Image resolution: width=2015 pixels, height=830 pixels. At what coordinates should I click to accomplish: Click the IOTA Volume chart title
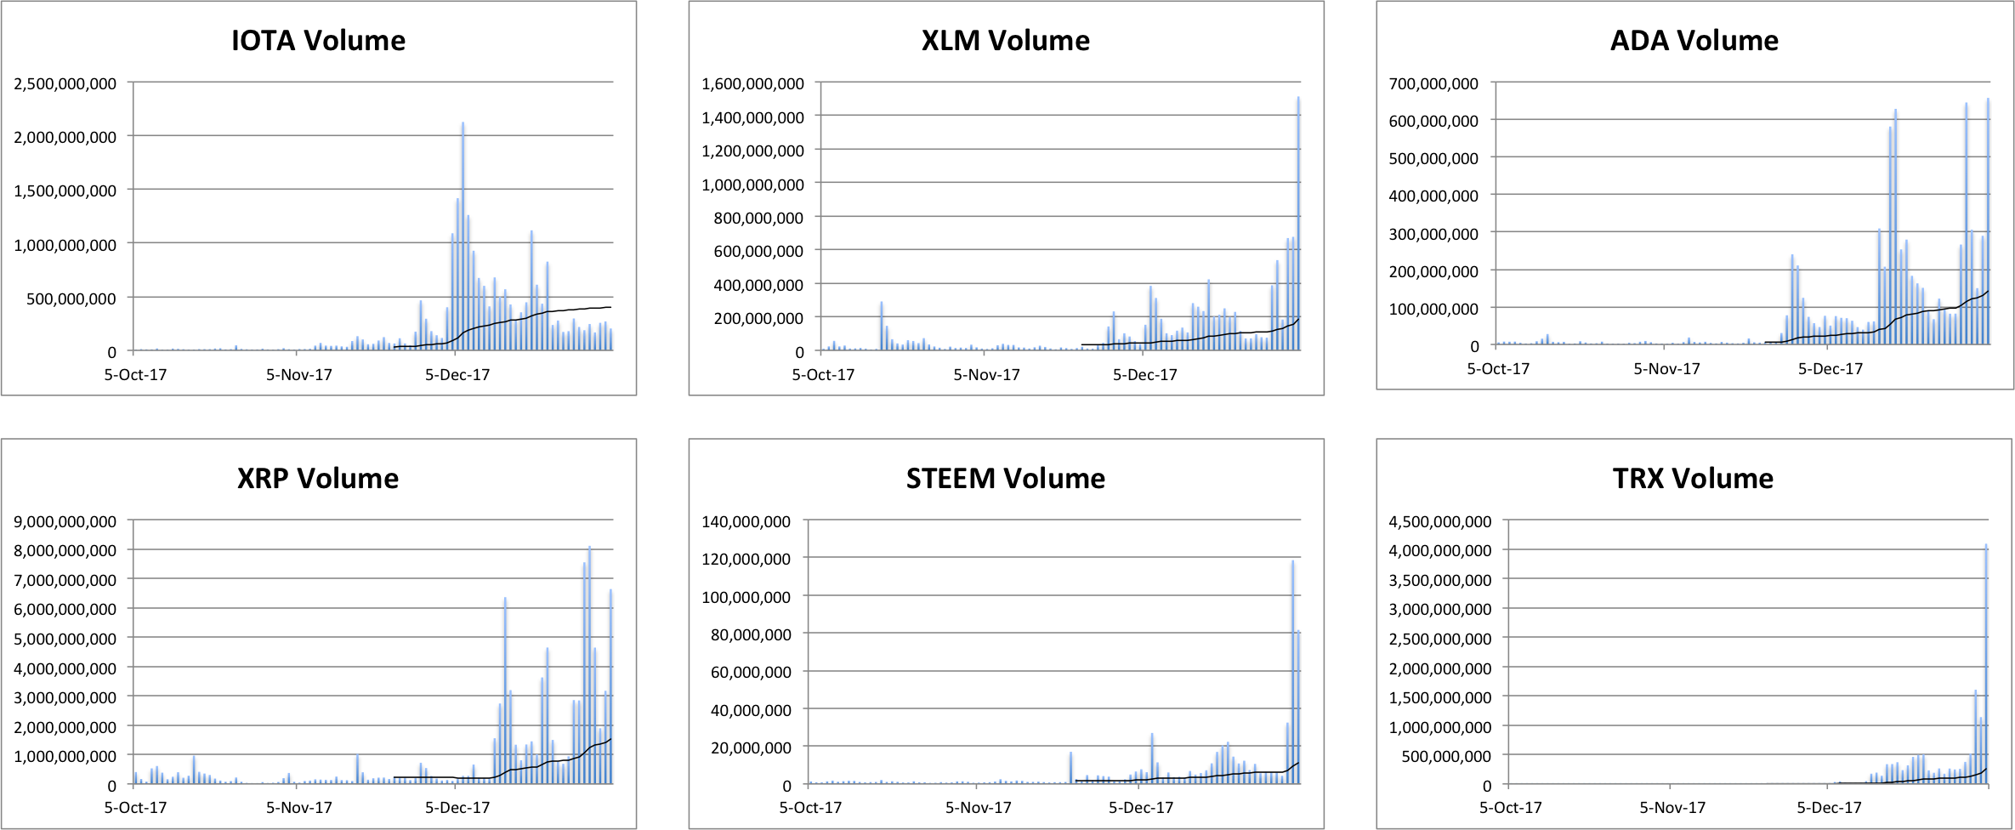[318, 41]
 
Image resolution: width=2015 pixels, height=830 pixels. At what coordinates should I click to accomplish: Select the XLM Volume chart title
[1005, 41]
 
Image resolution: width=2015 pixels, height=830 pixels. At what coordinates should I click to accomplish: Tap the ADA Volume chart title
[1694, 41]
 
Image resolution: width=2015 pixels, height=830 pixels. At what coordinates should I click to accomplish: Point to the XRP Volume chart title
[318, 479]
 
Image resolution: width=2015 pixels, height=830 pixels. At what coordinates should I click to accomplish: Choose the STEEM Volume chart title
[1005, 479]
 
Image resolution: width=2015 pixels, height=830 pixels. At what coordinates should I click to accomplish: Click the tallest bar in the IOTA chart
[463, 238]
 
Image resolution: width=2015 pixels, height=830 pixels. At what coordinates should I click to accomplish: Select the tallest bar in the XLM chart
[1298, 225]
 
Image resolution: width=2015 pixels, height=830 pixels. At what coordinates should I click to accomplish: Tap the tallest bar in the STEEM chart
[1293, 672]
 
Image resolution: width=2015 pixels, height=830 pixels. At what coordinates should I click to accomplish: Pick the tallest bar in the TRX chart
[1986, 663]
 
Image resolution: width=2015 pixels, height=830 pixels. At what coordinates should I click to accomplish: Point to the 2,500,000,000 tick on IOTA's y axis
[65, 83]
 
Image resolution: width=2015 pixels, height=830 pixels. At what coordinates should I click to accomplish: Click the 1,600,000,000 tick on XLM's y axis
[752, 83]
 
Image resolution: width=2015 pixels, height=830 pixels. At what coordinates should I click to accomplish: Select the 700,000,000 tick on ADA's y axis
[1433, 83]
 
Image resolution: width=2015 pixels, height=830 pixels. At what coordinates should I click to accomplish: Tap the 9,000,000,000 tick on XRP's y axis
[65, 521]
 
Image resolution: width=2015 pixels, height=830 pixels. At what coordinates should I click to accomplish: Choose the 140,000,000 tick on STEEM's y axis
[746, 521]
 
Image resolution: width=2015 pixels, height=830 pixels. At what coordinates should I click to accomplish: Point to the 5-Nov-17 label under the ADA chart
[1666, 369]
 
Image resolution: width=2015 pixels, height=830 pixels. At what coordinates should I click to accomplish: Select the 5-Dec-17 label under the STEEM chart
[1140, 807]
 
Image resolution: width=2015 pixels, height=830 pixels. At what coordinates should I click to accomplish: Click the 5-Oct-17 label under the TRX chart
[1510, 807]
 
